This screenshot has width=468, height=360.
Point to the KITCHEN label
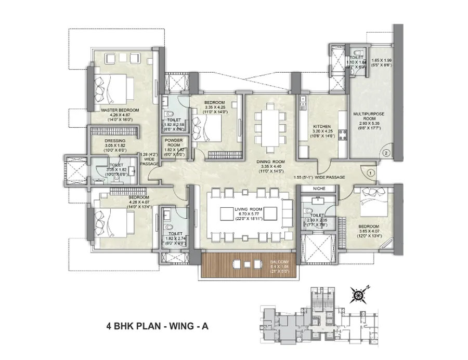[x=319, y=127]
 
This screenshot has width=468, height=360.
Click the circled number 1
[x=370, y=172]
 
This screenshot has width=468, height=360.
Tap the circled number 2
[x=385, y=153]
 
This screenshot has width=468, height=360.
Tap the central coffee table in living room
[x=229, y=214]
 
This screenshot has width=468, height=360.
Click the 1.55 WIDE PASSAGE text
[x=319, y=178]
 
